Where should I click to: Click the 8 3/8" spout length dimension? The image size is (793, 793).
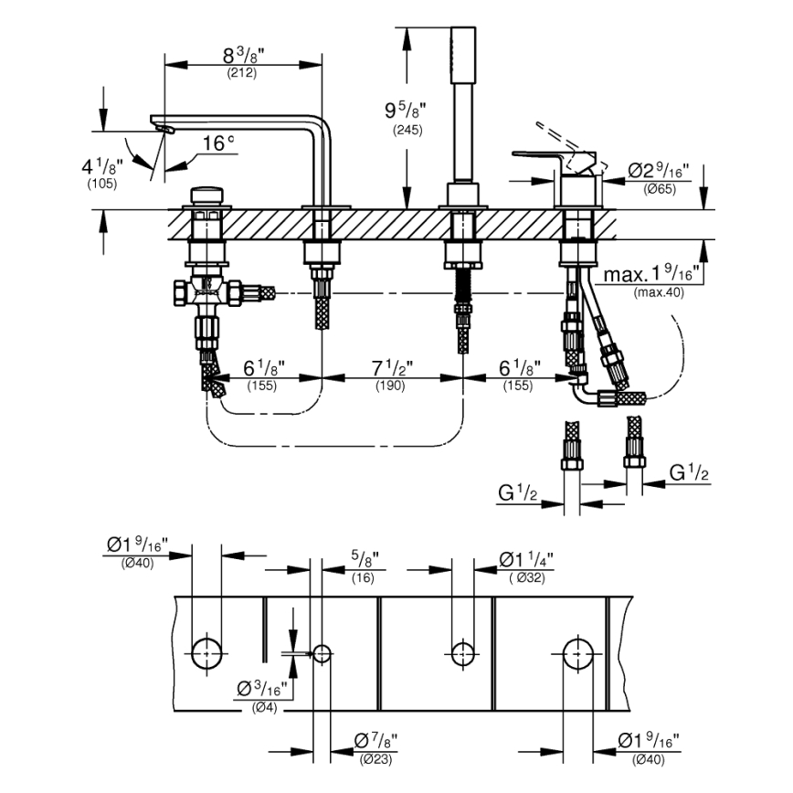coord(241,56)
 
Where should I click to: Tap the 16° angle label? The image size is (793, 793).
coord(217,143)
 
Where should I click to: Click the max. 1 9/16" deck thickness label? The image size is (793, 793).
coord(650,273)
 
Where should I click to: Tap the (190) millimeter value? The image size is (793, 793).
coord(391,386)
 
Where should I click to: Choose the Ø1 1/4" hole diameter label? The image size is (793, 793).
coord(526,558)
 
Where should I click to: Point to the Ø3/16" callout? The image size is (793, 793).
coord(262,688)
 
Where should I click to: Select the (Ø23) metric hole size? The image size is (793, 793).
coord(375,758)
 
